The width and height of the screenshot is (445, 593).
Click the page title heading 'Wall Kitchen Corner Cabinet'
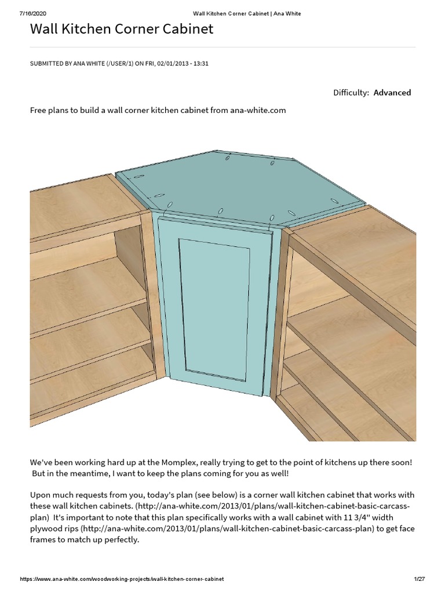pos(122,29)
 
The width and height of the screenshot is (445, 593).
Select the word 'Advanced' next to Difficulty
pos(392,93)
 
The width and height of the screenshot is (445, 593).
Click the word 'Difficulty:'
pos(351,93)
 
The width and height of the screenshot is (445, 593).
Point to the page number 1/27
pos(420,579)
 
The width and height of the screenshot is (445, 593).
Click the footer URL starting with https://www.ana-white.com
pos(122,579)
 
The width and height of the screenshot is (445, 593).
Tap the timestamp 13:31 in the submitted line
pos(200,64)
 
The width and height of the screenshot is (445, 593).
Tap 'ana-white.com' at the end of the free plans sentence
pos(258,110)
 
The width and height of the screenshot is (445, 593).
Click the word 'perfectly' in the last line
pos(122,540)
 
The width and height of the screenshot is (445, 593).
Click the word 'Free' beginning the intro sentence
pos(39,110)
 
